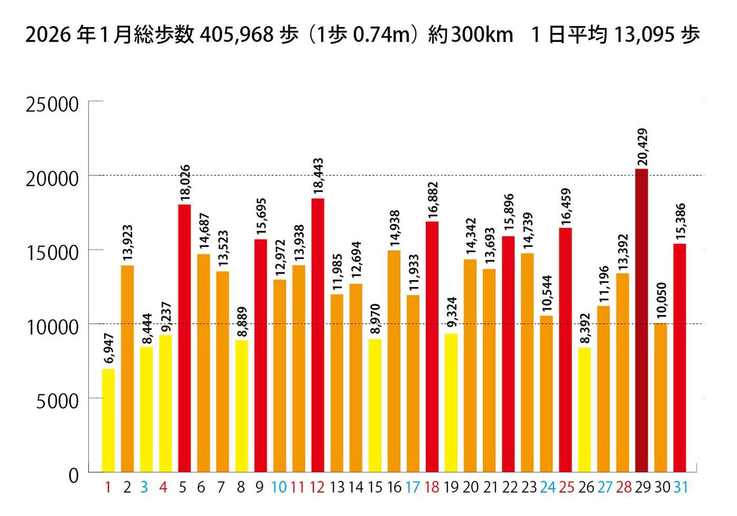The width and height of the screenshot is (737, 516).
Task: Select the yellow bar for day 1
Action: point(108,421)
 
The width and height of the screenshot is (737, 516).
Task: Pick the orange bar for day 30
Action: point(661,398)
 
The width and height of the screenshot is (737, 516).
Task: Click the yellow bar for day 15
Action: point(375,405)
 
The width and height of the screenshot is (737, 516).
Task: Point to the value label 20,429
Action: point(642,147)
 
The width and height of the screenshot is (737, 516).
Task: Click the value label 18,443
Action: point(318,176)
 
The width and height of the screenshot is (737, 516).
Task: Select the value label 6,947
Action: point(109,348)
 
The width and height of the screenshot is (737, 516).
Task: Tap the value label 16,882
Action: point(432,200)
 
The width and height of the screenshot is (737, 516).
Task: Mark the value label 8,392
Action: point(585,329)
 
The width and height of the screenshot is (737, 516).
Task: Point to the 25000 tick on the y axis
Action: point(52,105)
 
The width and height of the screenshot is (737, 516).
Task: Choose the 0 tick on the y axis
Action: point(73,475)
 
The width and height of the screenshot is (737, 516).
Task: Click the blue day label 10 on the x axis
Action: point(279,487)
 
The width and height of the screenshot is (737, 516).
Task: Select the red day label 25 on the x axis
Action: point(566,487)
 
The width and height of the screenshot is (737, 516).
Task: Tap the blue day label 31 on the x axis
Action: point(680,487)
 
